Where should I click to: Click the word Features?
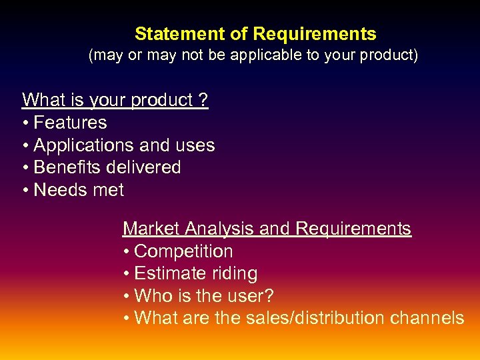[70, 123]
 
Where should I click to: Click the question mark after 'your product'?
[203, 100]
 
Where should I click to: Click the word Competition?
[183, 251]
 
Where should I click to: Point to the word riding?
[233, 273]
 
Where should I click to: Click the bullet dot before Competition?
[127, 252]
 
